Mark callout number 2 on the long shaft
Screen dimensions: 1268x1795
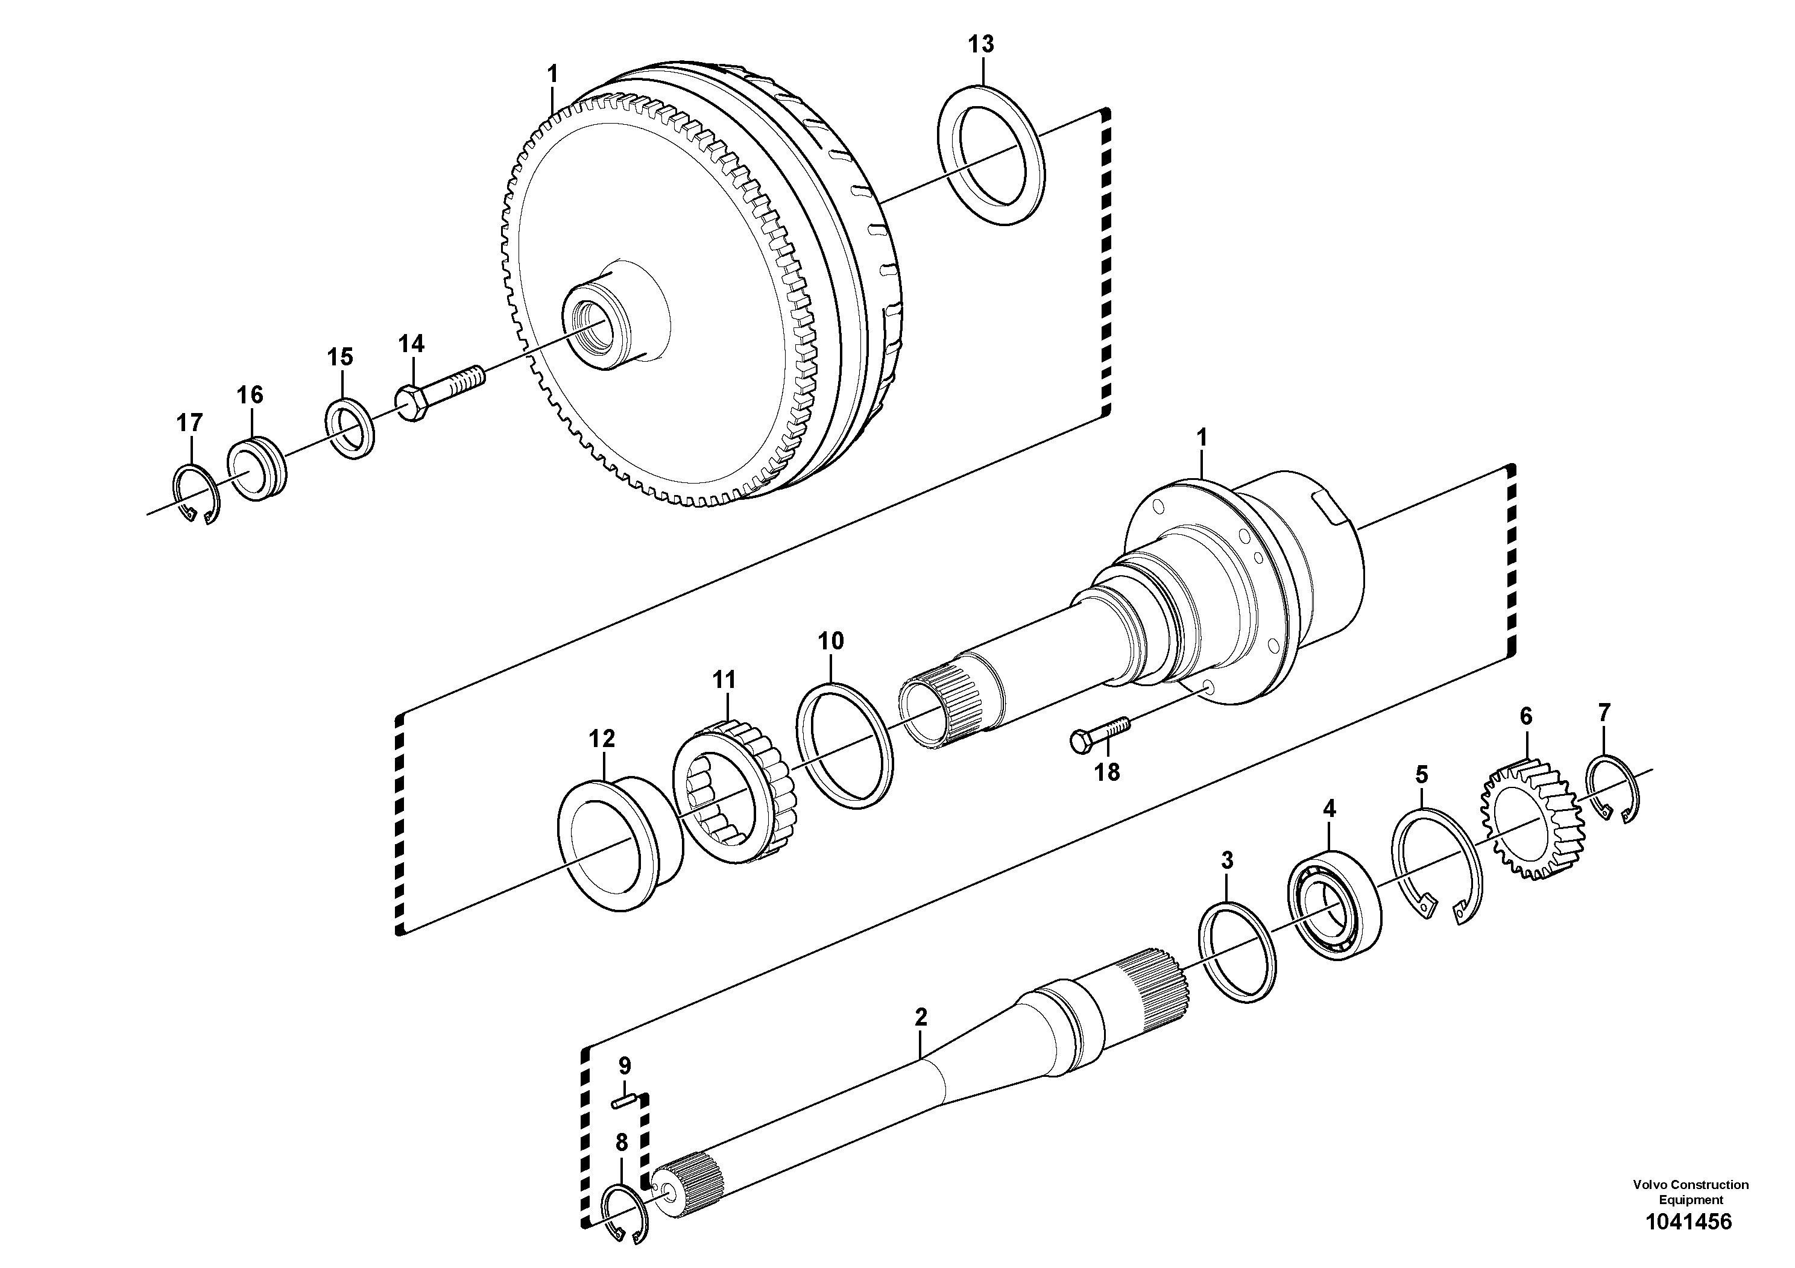[920, 1017]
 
